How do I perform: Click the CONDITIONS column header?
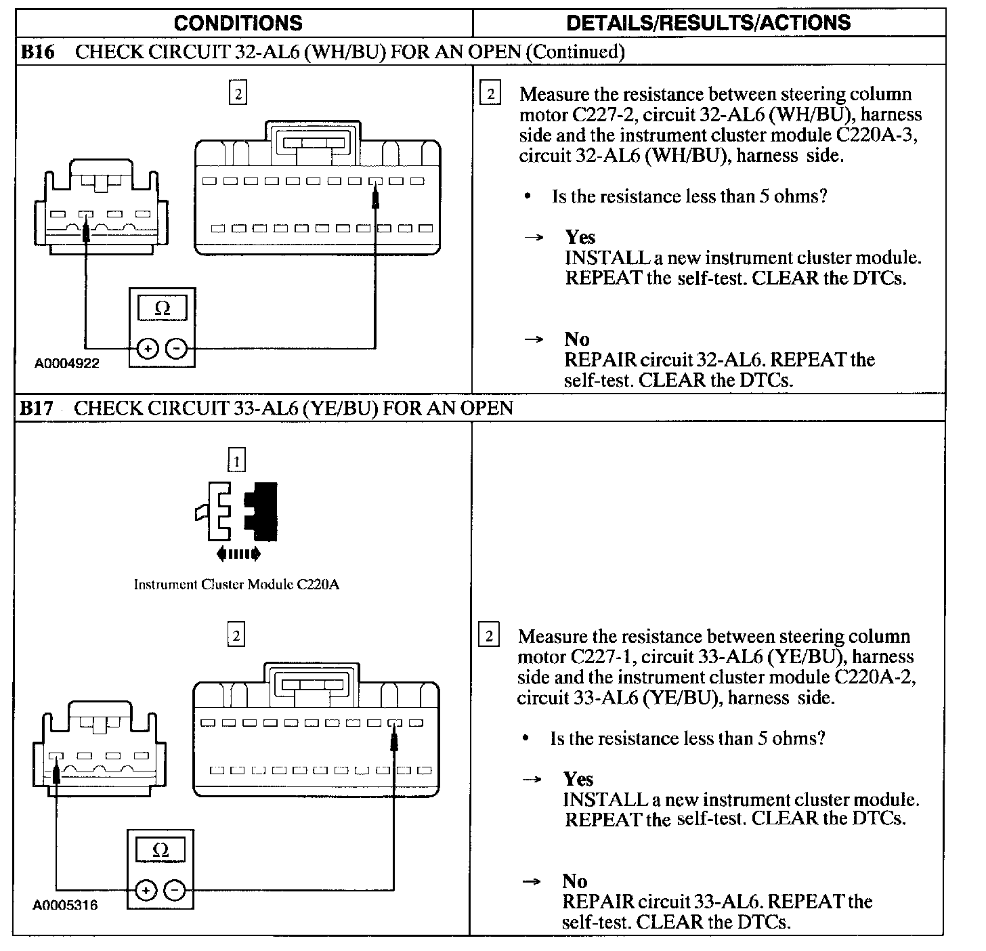(238, 23)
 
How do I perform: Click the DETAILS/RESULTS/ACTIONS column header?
(708, 23)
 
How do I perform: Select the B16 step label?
(38, 52)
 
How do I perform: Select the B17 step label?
(37, 408)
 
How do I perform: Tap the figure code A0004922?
(67, 363)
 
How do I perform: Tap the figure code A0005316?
(66, 905)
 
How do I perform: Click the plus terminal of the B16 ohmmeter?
(147, 349)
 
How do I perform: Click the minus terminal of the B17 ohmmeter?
(174, 889)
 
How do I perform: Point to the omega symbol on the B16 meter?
(163, 309)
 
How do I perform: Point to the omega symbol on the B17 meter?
(160, 850)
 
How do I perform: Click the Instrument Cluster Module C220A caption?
(236, 585)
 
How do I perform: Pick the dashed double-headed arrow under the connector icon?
(238, 554)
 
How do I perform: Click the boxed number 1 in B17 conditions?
(236, 461)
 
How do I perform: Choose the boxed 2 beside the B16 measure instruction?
(490, 93)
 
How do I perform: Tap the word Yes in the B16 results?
(580, 238)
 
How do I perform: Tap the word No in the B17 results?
(574, 881)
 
